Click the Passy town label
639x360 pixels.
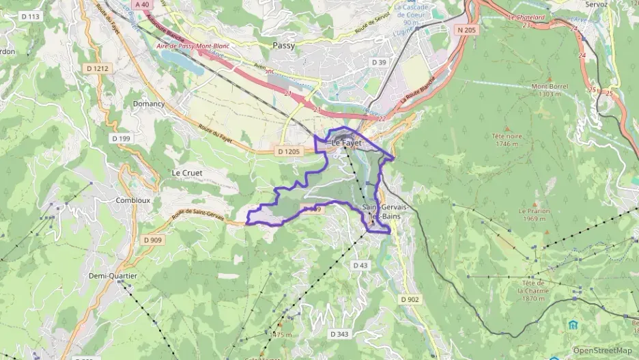point(283,45)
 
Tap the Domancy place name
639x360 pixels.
point(149,104)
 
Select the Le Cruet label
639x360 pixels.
point(186,173)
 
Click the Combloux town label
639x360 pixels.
point(133,200)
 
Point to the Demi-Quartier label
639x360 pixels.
point(113,275)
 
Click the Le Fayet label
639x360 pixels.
point(346,143)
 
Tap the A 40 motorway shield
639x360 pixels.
point(141,4)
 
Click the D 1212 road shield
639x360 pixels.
point(98,68)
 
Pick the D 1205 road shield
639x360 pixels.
point(289,150)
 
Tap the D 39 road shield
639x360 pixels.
point(379,62)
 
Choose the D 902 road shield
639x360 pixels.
point(410,299)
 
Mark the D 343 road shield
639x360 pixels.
point(339,334)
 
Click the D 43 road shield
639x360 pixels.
point(360,264)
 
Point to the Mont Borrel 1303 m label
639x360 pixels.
point(550,91)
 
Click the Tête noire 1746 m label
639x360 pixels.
point(507,139)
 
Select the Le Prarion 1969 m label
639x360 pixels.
point(534,214)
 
